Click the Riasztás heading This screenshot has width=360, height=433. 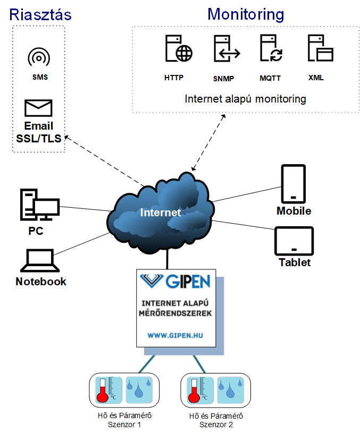(40, 14)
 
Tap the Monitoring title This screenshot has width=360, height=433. (246, 14)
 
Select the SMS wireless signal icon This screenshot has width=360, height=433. (39, 57)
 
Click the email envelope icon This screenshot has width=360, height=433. (38, 108)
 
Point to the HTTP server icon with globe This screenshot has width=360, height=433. (179, 48)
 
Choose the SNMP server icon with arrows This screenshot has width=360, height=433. (227, 48)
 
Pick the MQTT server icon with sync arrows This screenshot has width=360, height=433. (271, 48)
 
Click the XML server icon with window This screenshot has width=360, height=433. (321, 48)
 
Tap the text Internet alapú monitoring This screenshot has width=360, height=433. (245, 99)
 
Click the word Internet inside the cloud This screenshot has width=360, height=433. (161, 213)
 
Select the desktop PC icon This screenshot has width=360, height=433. (40, 205)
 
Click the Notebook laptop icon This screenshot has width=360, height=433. (40, 261)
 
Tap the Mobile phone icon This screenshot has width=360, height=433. (294, 184)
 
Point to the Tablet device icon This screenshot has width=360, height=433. (294, 241)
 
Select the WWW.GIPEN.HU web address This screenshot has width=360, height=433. (175, 336)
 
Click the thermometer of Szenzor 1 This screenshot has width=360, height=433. (108, 390)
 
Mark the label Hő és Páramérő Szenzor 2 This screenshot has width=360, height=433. (216, 420)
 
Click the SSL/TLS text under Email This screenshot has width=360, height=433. (39, 138)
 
